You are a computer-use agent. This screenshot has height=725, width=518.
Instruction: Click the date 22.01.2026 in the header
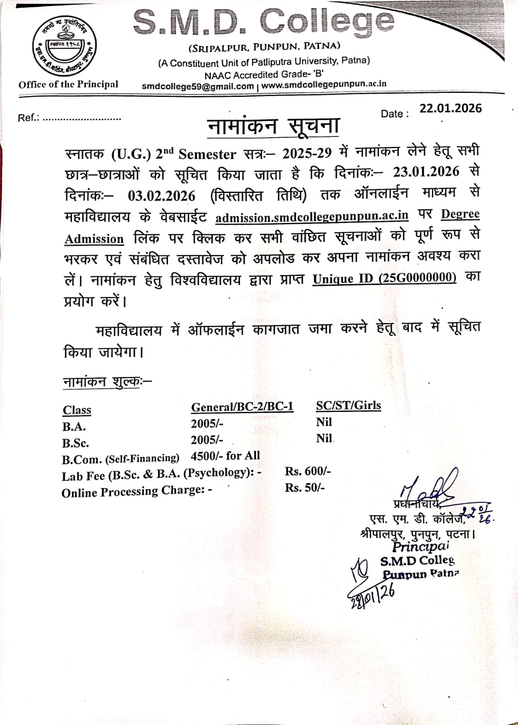click(451, 108)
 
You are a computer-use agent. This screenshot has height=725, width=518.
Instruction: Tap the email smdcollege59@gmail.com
click(197, 86)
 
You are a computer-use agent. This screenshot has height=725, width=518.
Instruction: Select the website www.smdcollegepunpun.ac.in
click(324, 84)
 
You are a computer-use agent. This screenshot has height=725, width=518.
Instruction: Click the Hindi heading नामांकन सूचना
click(273, 126)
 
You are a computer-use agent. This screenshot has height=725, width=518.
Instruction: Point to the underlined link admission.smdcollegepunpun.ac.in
click(312, 216)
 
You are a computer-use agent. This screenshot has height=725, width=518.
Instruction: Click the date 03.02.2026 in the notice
click(162, 196)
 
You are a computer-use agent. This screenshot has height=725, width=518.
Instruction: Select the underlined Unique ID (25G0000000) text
click(384, 277)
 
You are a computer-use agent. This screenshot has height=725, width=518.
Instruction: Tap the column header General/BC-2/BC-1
click(242, 406)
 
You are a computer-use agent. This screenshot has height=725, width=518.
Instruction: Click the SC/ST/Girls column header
click(348, 405)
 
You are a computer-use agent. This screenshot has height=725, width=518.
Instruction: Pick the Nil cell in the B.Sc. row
click(324, 438)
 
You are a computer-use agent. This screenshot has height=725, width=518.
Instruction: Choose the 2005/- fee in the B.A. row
click(207, 423)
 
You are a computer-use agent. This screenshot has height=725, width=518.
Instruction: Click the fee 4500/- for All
click(225, 455)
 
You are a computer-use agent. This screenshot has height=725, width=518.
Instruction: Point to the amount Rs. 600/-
click(308, 471)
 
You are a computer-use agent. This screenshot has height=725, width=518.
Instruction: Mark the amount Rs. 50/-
click(305, 488)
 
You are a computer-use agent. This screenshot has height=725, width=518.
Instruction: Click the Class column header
click(77, 410)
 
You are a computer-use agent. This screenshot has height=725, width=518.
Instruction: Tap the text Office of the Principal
click(68, 84)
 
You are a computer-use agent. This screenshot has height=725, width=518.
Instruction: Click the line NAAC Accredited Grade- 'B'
click(264, 74)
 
